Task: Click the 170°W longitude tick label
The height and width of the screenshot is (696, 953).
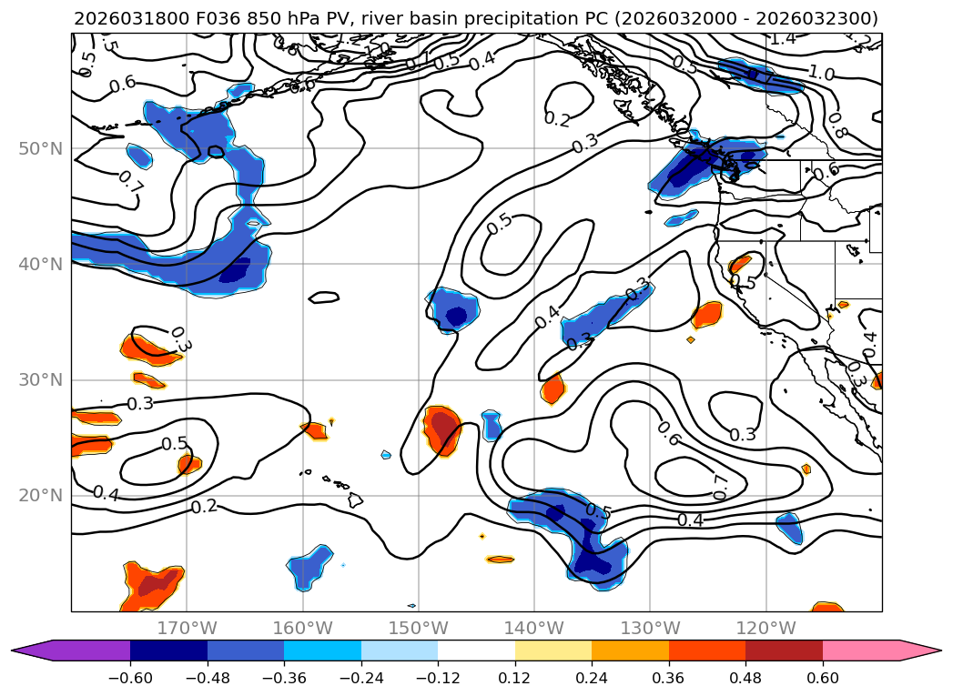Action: coord(187,628)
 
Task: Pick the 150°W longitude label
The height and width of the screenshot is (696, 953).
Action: coord(418,628)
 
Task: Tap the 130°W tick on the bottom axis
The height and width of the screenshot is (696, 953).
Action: coord(649,628)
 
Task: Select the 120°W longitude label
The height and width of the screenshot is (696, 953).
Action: coord(765,628)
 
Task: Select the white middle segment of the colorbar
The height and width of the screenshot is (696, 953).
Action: coord(476,651)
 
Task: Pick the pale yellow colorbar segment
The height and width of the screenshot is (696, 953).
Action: coord(553,651)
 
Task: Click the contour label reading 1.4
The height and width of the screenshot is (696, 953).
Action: coord(782,38)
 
